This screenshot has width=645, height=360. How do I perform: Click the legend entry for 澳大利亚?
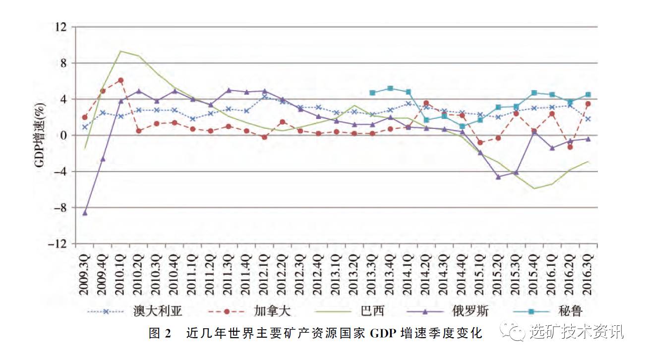[158, 311]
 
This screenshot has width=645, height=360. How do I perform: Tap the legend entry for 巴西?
[372, 311]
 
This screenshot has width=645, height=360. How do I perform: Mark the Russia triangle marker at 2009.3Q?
[85, 213]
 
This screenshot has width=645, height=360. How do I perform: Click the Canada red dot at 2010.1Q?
[121, 80]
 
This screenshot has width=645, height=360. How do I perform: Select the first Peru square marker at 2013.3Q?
[372, 93]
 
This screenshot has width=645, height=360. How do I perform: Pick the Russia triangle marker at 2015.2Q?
[498, 177]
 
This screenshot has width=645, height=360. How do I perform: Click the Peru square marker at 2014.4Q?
[462, 126]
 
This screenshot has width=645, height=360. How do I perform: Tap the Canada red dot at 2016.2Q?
[570, 147]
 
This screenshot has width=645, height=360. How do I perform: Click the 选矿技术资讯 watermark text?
[577, 331]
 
